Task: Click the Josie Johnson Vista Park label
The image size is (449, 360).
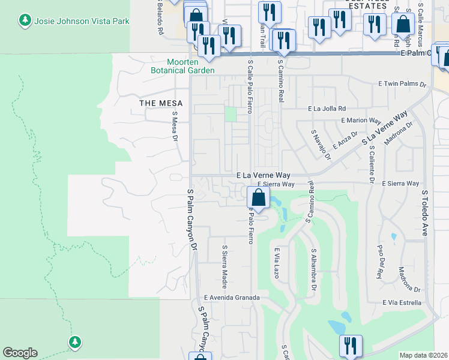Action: click(x=82, y=21)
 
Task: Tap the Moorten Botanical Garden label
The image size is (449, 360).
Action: click(x=182, y=66)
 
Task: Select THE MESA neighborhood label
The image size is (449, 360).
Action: click(x=157, y=103)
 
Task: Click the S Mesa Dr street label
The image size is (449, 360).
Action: click(x=175, y=128)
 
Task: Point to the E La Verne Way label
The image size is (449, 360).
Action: click(x=263, y=175)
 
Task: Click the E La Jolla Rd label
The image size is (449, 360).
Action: click(x=327, y=109)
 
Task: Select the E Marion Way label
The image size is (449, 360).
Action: click(x=361, y=120)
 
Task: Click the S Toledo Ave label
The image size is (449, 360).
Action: click(x=424, y=213)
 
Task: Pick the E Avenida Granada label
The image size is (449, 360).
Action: click(x=232, y=297)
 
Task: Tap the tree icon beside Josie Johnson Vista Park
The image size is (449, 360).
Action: click(x=25, y=21)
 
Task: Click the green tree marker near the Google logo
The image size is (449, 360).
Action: click(x=74, y=342)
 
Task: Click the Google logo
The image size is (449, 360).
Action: click(x=20, y=353)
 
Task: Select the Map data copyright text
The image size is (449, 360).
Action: click(x=424, y=355)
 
